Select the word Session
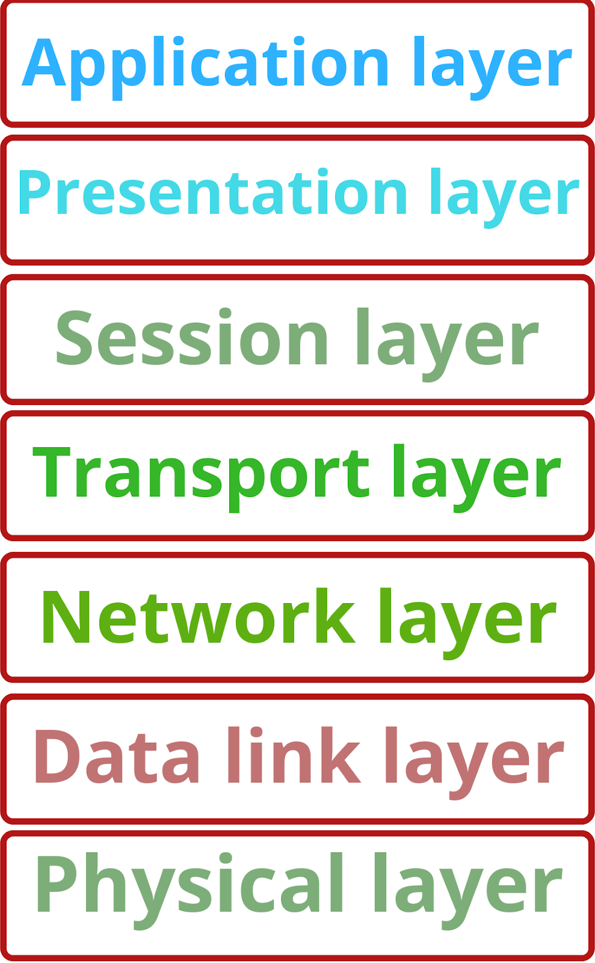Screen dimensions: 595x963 (192, 338)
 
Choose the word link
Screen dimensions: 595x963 (294, 756)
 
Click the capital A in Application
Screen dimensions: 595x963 (43, 64)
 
